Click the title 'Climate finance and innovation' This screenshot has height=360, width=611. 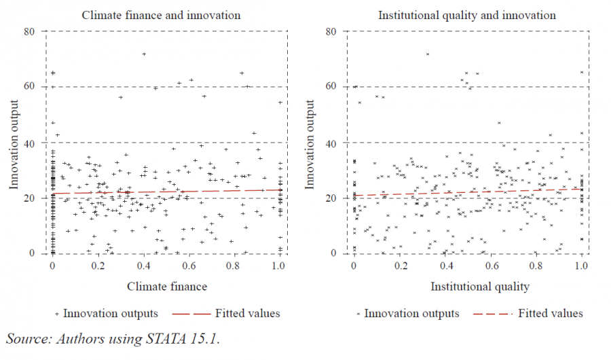pyautogui.click(x=161, y=15)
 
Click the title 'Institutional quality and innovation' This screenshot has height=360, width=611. pyautogui.click(x=466, y=15)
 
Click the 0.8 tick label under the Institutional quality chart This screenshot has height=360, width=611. pyautogui.click(x=536, y=267)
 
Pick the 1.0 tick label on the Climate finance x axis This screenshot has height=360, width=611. pyautogui.click(x=279, y=267)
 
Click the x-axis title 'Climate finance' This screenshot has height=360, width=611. pyautogui.click(x=167, y=287)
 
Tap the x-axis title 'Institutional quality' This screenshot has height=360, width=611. pyautogui.click(x=479, y=287)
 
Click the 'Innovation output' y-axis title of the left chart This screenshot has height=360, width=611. pyautogui.click(x=14, y=144)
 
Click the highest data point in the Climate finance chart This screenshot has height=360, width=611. pyautogui.click(x=144, y=54)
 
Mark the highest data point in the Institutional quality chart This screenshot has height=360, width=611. pyautogui.click(x=428, y=54)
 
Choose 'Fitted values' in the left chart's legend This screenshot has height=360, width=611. pyautogui.click(x=247, y=314)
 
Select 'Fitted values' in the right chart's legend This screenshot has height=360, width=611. pyautogui.click(x=550, y=314)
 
